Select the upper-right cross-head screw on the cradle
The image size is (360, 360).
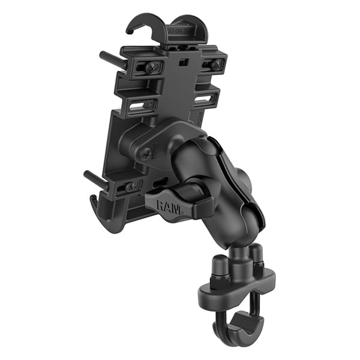click(x=214, y=64)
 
